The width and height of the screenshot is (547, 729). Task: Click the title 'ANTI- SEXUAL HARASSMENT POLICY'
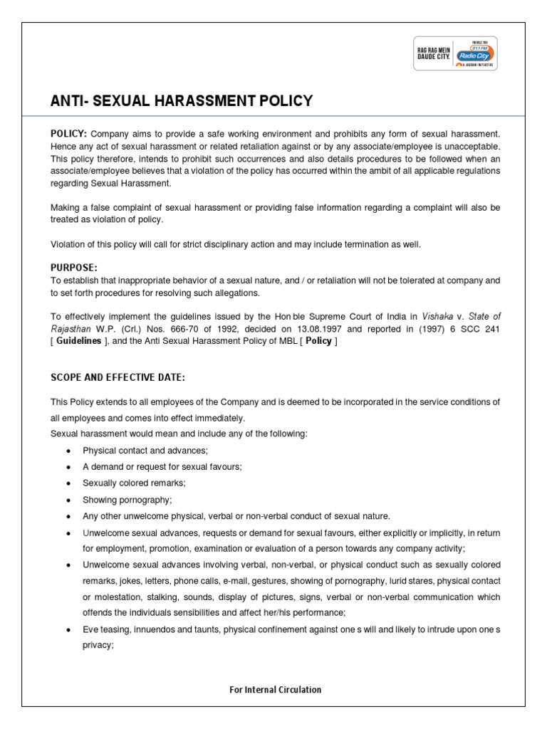click(181, 101)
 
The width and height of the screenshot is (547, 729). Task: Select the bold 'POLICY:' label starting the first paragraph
click(68, 134)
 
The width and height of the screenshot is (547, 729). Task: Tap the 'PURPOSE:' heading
click(74, 267)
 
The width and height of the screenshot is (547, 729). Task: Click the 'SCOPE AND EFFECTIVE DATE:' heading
click(118, 377)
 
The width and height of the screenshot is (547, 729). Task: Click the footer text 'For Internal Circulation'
click(275, 689)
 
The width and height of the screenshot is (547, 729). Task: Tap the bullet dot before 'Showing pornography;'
click(67, 500)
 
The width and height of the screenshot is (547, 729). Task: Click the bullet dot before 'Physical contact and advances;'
click(67, 451)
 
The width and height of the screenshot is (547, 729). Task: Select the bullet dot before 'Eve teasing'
click(67, 630)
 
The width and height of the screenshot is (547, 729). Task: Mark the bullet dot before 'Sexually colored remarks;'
click(67, 483)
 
